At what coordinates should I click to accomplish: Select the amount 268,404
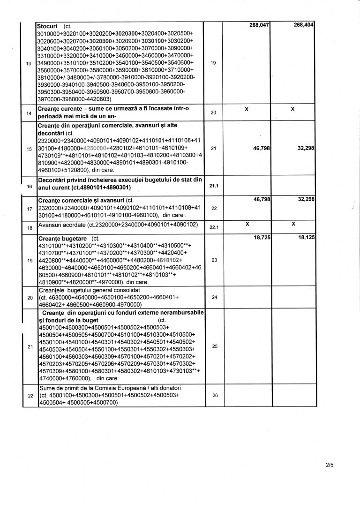(303, 25)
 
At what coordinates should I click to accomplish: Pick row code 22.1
(213, 227)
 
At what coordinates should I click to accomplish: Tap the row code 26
(215, 396)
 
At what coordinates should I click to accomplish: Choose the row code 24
(215, 297)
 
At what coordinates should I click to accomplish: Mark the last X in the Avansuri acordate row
(292, 225)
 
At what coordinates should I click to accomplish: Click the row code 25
(215, 346)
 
